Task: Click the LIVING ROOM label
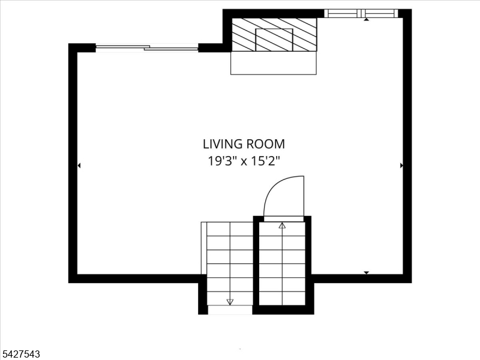pyautogui.click(x=244, y=144)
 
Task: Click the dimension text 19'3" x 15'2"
pyautogui.click(x=244, y=161)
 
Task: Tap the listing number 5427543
pyautogui.click(x=20, y=354)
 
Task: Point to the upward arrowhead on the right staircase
pyautogui.click(x=282, y=226)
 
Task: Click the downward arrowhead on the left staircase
pyautogui.click(x=230, y=302)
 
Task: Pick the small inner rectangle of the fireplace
pyautogui.click(x=274, y=40)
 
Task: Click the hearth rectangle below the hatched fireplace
pyautogui.click(x=274, y=63)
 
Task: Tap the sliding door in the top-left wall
pyautogui.click(x=147, y=48)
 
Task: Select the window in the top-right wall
pyautogui.click(x=361, y=13)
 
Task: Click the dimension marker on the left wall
pyautogui.click(x=79, y=166)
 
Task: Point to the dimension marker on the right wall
pyautogui.click(x=401, y=166)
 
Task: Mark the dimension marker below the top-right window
pyautogui.click(x=366, y=20)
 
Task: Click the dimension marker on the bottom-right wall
pyautogui.click(x=366, y=272)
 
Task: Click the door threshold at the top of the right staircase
pyautogui.click(x=283, y=218)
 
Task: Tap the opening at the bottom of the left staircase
pyautogui.click(x=230, y=310)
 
